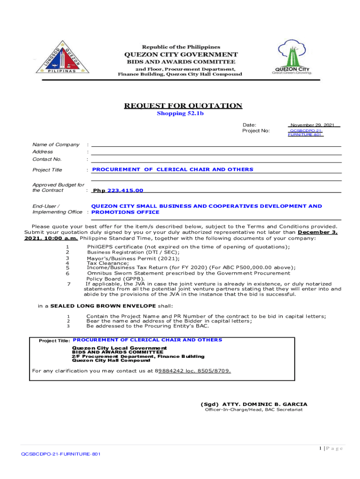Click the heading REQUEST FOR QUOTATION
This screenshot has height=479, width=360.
coord(183,106)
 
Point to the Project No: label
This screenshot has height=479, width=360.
coord(256,131)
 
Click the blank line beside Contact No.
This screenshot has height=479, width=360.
coord(215,160)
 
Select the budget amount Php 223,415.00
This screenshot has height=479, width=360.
coord(118,190)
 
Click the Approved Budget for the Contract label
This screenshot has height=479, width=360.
coord(58,188)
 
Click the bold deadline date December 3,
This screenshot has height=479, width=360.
coord(317,232)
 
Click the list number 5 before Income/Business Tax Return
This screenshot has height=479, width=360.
coord(68,268)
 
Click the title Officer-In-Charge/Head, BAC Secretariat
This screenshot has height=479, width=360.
coord(254,410)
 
